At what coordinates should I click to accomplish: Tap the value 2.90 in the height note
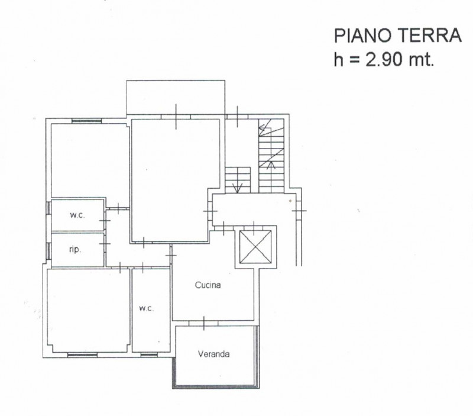pyautogui.click(x=384, y=60)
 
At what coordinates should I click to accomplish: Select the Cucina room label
pyautogui.click(x=208, y=285)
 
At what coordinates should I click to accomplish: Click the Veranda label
pyautogui.click(x=213, y=354)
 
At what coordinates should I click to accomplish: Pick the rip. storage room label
pyautogui.click(x=75, y=250)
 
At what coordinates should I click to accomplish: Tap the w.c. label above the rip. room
pyautogui.click(x=77, y=215)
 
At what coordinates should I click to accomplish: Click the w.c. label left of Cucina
pyautogui.click(x=146, y=308)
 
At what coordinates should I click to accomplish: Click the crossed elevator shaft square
pyautogui.click(x=255, y=247)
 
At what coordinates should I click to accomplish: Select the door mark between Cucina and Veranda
pyautogui.click(x=204, y=323)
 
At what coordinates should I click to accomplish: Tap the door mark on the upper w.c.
pyautogui.click(x=105, y=221)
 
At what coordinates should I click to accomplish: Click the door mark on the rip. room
pyautogui.click(x=105, y=244)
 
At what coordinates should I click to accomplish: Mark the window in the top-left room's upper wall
pyautogui.click(x=86, y=121)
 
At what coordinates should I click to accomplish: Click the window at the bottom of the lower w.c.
pyautogui.click(x=149, y=354)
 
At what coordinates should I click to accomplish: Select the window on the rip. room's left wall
pyautogui.click(x=48, y=251)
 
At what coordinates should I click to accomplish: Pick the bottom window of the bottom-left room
pyautogui.click(x=82, y=354)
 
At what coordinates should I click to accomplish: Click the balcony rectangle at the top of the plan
pyautogui.click(x=176, y=97)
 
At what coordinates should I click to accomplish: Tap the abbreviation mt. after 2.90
pyautogui.click(x=422, y=60)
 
